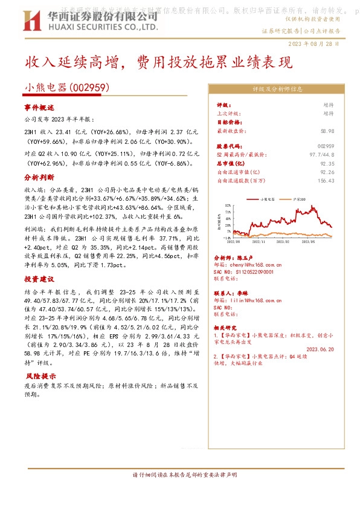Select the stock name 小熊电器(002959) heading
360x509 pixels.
click(66, 88)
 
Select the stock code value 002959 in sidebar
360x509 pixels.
click(325, 146)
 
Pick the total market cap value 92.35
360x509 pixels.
click(327, 163)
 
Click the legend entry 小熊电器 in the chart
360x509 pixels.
click(266, 198)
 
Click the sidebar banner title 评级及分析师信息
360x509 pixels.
click(277, 89)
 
